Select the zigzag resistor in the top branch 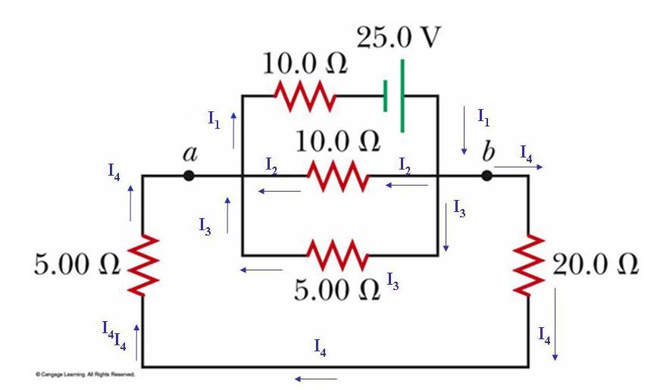point(303,96)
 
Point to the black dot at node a point(189,176)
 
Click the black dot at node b point(487,176)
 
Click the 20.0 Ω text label point(596,265)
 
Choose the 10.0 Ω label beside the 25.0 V point(305,64)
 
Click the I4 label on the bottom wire point(321,348)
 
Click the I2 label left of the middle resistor point(271,163)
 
